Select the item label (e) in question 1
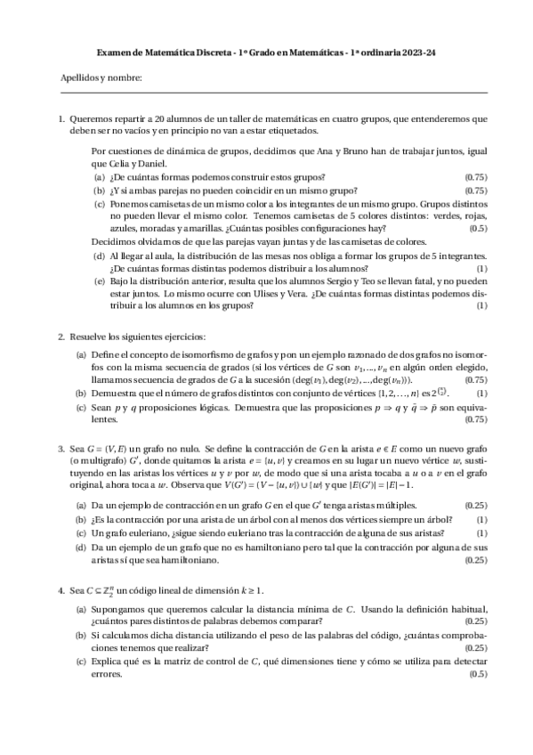(99, 280)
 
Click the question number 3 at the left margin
(61, 451)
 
